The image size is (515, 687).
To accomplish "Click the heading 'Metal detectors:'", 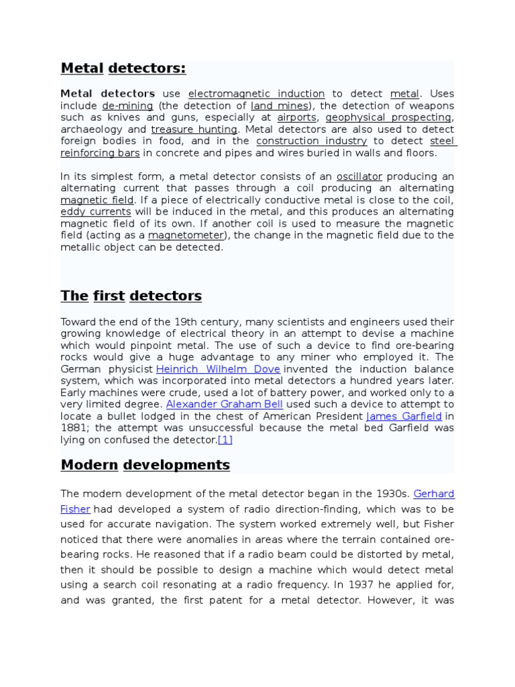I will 123,68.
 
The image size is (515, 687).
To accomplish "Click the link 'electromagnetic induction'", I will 256,94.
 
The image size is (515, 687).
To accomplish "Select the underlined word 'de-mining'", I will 127,106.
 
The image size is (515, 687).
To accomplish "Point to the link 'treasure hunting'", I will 194,129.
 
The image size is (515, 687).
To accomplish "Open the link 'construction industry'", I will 311,141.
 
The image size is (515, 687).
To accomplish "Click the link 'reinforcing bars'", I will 100,153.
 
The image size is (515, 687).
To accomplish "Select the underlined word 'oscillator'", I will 359,176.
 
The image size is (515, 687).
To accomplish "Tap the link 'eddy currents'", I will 95,212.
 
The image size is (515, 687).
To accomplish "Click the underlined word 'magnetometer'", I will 185,235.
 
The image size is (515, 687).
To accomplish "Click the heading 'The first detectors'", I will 131,296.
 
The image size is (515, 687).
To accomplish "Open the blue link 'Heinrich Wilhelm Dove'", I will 218,369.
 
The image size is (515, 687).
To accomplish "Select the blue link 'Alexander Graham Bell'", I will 224,405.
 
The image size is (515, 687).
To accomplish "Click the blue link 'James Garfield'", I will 404,416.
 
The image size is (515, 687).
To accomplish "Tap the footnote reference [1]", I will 225,440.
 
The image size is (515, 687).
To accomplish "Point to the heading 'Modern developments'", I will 145,465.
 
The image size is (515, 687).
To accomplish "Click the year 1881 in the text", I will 74,428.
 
